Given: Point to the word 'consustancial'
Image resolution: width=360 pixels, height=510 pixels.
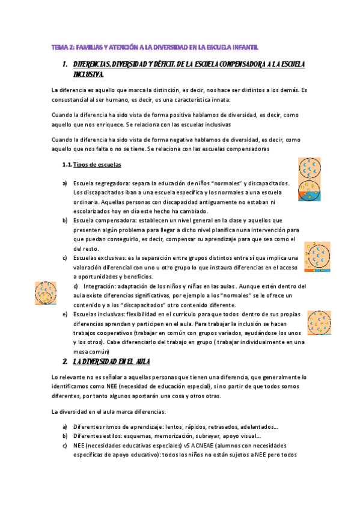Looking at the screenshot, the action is (x=73, y=100).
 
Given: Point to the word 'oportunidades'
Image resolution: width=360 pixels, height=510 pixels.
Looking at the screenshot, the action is (x=100, y=276).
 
